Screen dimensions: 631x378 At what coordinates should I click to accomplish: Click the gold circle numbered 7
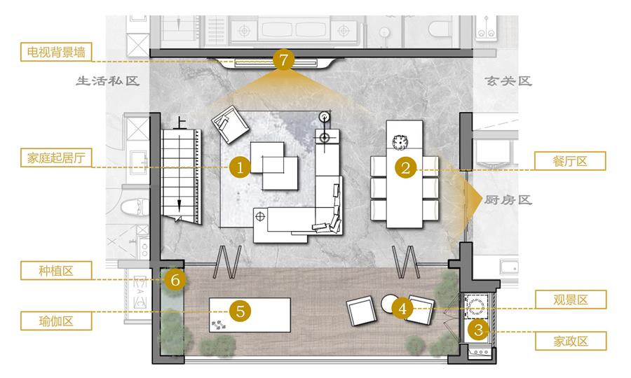[284, 60]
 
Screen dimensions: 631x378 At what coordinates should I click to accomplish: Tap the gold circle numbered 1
[240, 167]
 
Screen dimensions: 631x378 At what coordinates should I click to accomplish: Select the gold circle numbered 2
[406, 167]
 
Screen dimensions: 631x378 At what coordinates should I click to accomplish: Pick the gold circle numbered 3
[478, 330]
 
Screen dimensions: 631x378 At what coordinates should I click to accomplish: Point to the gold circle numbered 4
[402, 309]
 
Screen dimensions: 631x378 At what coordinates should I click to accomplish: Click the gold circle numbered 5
[240, 311]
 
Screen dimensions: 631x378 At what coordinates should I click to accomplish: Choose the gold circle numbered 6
[175, 279]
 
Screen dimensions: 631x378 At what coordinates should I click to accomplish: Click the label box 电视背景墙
[56, 52]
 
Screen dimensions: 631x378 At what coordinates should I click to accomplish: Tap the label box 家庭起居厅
[56, 157]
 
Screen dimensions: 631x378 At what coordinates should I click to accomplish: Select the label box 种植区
[56, 270]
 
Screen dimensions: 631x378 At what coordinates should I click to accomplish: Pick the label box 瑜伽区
[56, 321]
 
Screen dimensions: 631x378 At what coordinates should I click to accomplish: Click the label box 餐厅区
[570, 161]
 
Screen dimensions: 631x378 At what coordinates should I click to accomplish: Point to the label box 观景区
[571, 300]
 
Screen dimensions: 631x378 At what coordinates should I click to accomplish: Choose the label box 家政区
[571, 341]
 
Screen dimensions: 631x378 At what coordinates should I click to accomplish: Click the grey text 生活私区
[107, 81]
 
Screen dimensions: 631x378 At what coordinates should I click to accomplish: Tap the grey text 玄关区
[508, 81]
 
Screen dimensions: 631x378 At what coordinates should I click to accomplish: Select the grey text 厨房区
[508, 199]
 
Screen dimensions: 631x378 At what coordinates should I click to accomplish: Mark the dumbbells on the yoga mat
[219, 325]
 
